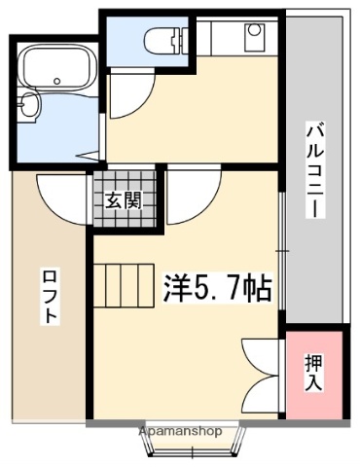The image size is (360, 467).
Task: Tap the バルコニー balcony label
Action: coord(314,168)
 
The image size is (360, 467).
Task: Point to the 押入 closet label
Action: coord(314,372)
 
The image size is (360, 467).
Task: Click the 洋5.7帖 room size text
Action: coord(216,288)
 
